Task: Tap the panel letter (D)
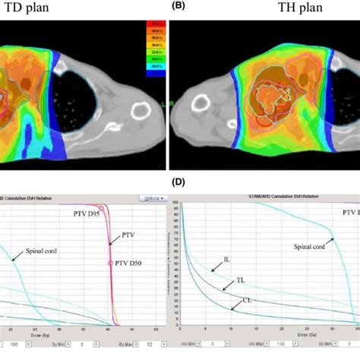176,182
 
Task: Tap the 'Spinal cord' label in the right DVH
310,245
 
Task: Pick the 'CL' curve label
247,298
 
